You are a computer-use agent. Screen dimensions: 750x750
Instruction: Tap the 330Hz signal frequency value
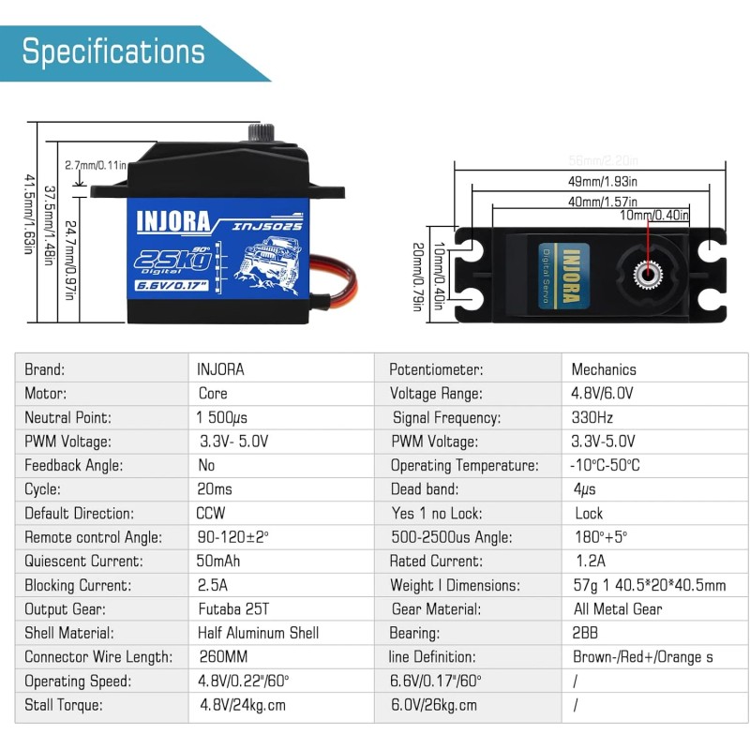click(x=592, y=417)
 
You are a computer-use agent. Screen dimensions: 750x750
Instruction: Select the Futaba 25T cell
click(x=233, y=609)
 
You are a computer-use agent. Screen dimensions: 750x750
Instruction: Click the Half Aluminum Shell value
click(x=258, y=633)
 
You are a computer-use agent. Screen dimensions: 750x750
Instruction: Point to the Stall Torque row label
click(x=64, y=705)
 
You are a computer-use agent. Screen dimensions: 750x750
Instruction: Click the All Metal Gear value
click(x=619, y=609)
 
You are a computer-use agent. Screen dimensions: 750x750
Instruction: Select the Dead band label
click(x=425, y=489)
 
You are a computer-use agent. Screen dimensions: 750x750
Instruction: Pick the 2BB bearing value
click(x=586, y=633)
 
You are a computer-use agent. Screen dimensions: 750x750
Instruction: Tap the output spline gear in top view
click(x=646, y=272)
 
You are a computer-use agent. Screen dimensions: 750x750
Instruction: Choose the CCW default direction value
click(x=211, y=514)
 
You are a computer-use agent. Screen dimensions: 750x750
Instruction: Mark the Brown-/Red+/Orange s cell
click(x=642, y=657)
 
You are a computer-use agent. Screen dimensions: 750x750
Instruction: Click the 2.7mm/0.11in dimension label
click(x=96, y=165)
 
